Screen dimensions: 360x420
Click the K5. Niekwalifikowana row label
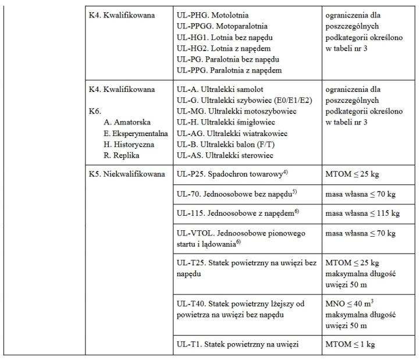pyautogui.click(x=126, y=173)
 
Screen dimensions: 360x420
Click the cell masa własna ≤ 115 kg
pyautogui.click(x=362, y=213)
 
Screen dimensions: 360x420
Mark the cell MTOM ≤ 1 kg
pyautogui.click(x=353, y=344)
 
